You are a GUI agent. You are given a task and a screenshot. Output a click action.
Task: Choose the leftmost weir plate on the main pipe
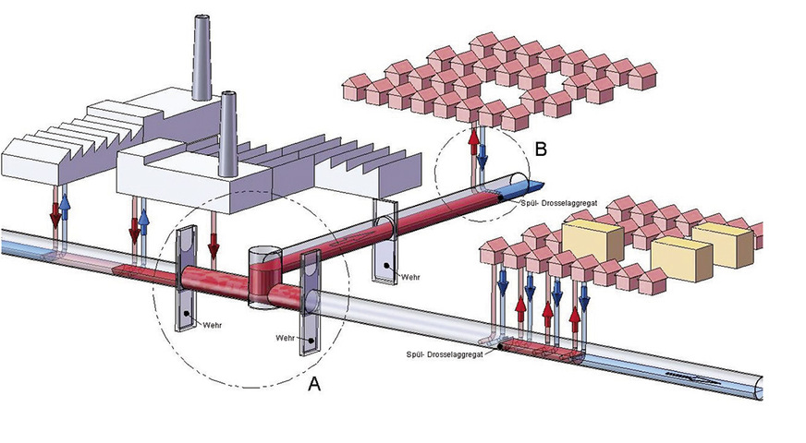coord(188,277)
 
